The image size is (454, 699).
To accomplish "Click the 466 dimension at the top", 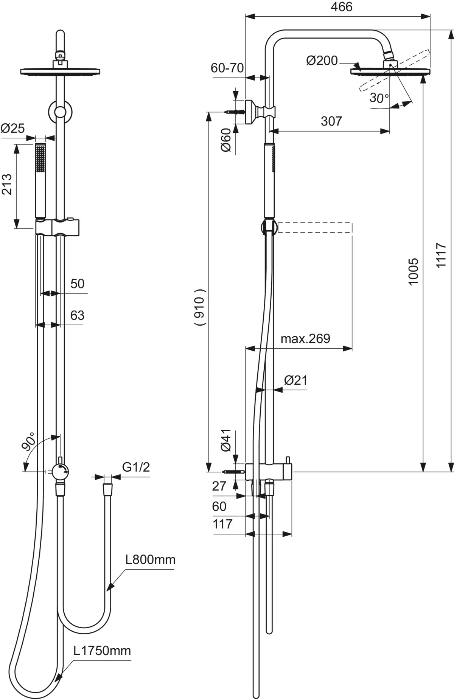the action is coord(341,7).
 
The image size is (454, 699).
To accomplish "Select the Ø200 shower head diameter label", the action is coord(322,61).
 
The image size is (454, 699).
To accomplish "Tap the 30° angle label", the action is coord(379,98).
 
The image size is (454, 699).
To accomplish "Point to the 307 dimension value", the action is coord(331,121).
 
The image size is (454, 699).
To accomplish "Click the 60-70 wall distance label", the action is coord(227,68).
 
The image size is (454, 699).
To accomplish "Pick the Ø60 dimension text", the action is coord(226,140).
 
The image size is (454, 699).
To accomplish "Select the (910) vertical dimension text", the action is coord(200,307).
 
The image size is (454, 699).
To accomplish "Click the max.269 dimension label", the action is coord(305,338).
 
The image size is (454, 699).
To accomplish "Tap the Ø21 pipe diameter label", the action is coord(295,380).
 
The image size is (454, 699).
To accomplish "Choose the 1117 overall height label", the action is coord(441,256).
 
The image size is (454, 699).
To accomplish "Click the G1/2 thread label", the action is coord(136,467).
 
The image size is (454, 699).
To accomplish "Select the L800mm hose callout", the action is coord(151,559).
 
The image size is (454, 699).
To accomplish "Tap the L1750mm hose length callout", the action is coord(102,651).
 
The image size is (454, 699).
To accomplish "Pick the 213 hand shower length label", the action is coord(7,184).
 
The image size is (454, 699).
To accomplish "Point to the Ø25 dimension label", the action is coord(12,129).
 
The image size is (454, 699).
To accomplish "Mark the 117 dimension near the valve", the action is coord(222,524).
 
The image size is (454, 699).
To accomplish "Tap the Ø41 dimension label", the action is coord(226,440).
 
